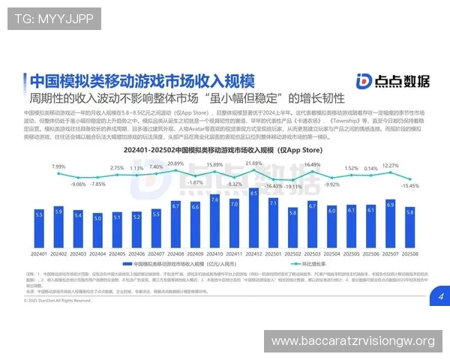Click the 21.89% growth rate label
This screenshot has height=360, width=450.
pos(253,163)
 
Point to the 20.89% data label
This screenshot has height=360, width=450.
pos(175,163)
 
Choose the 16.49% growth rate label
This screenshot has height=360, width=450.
pos(312,164)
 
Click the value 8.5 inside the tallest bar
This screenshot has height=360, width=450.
pos(253,193)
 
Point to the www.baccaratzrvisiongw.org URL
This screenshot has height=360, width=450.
pos(352,341)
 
